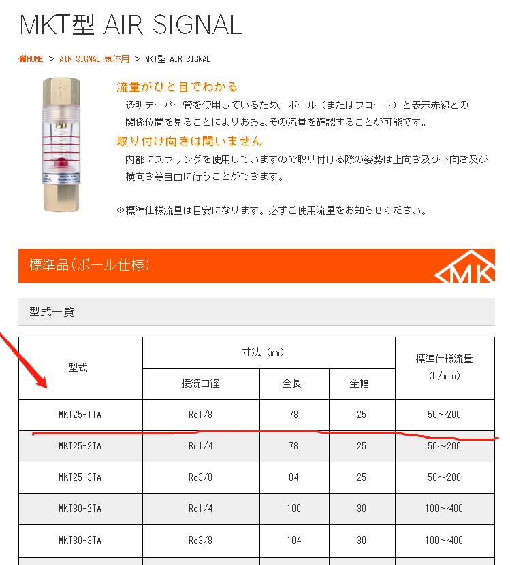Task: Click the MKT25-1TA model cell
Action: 80,415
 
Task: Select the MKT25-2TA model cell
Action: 80,446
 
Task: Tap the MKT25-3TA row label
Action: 80,477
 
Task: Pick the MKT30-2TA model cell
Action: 80,509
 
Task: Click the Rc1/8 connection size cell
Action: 201,415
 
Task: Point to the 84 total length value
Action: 293,477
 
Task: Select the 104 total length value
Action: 293,541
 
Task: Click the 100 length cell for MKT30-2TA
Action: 293,509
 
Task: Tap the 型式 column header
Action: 78,368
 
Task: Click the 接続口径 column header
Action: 200,383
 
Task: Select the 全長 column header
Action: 292,383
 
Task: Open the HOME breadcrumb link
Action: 31,59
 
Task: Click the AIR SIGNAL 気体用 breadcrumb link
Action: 94,59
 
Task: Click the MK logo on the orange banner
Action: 466,269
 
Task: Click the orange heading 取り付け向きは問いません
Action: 189,141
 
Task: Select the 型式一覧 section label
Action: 52,312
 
